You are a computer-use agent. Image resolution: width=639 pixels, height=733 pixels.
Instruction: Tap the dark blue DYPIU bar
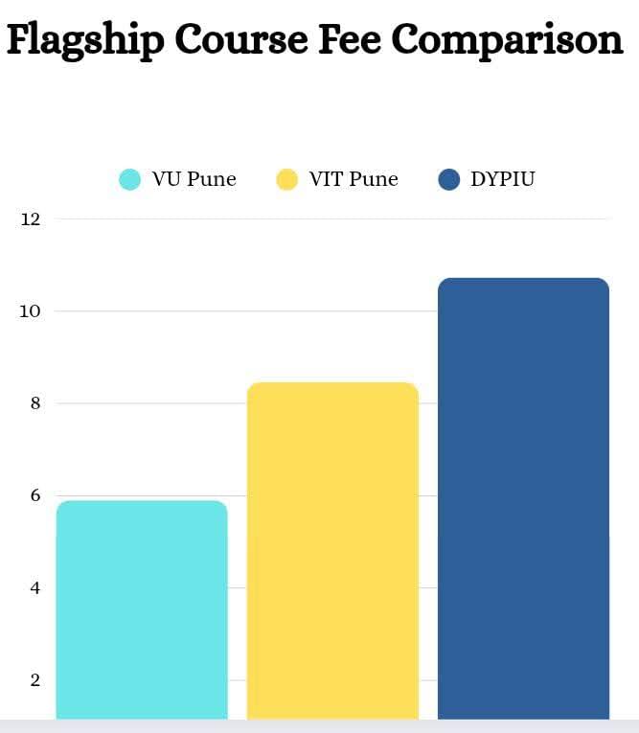(523, 498)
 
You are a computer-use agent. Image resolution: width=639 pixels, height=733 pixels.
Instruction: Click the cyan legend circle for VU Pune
(129, 179)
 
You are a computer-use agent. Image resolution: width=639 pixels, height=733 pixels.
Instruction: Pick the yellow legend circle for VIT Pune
(287, 179)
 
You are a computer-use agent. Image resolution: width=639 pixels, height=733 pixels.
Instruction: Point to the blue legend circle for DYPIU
(448, 179)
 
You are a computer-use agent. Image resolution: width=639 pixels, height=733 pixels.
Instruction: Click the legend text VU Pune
(194, 179)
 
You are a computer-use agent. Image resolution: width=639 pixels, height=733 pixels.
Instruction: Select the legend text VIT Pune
(353, 179)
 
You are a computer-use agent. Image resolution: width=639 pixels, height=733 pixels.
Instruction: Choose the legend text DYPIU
(502, 179)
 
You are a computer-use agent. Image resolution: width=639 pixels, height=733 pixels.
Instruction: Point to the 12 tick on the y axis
(31, 219)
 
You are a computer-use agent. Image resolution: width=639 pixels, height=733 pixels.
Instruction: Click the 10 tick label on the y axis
(31, 311)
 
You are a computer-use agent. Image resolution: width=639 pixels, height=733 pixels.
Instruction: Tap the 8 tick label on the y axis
(34, 403)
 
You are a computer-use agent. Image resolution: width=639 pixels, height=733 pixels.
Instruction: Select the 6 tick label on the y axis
(34, 495)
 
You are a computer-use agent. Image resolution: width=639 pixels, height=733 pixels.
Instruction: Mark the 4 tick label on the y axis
(34, 587)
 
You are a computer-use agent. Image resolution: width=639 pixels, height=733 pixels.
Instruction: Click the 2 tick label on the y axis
(34, 680)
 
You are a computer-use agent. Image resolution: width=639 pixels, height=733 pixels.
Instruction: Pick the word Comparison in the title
(508, 40)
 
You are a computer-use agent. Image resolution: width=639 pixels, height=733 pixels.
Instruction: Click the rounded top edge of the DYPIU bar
(523, 280)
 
